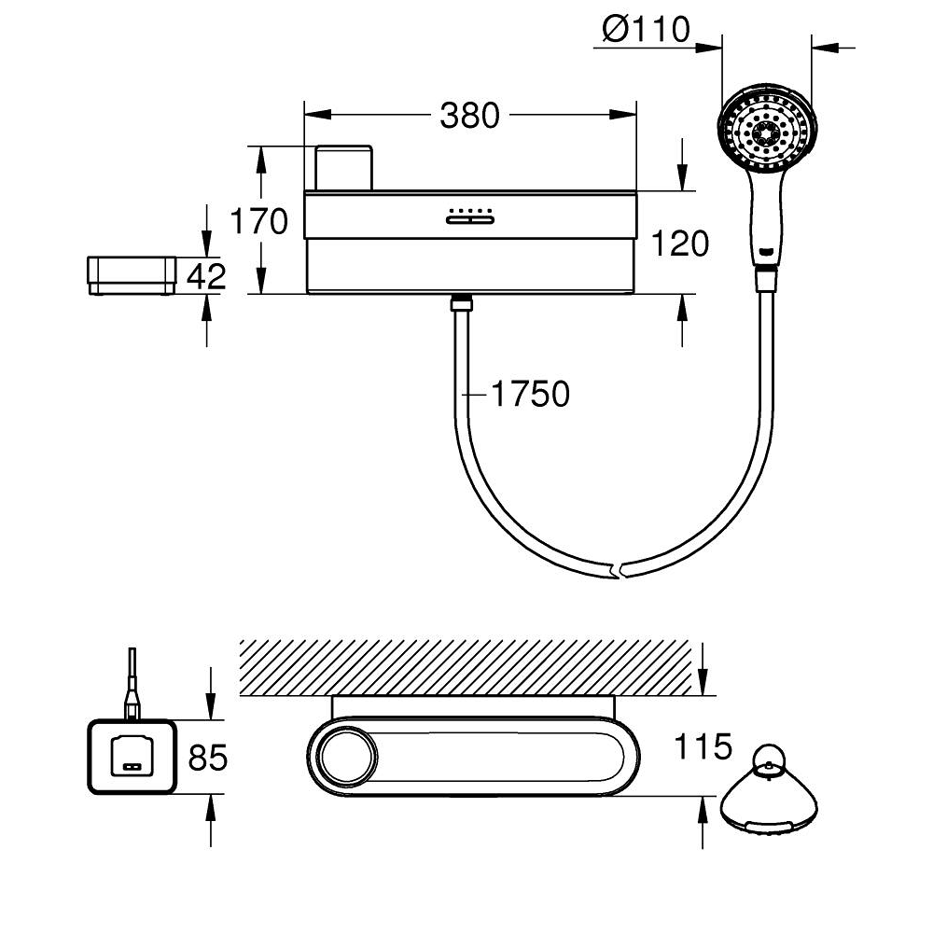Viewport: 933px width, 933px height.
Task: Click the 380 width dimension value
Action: click(x=470, y=116)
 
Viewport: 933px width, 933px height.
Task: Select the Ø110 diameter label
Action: click(x=646, y=30)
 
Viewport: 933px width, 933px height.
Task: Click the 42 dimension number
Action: click(x=206, y=276)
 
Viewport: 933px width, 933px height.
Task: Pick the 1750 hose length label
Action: click(x=530, y=395)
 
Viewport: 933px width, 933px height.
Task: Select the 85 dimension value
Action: click(x=207, y=758)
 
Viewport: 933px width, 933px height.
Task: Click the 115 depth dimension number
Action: click(x=704, y=746)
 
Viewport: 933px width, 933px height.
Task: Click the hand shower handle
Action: click(x=765, y=219)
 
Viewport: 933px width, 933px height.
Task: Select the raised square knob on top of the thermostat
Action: click(x=343, y=168)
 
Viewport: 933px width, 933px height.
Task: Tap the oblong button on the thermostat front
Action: click(x=469, y=221)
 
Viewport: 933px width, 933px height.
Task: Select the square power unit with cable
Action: click(x=131, y=757)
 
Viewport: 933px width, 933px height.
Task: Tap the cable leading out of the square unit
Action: click(x=134, y=681)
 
